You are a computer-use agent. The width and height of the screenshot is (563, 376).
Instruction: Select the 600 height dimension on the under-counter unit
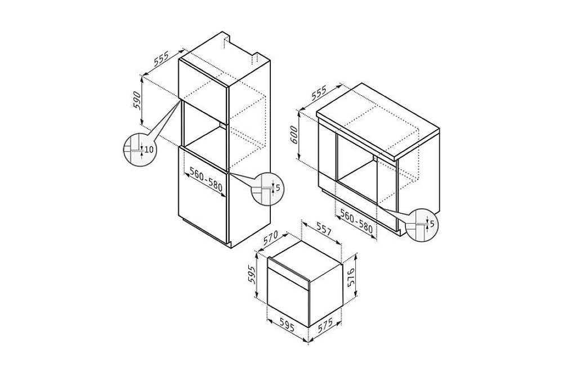pyautogui.click(x=293, y=134)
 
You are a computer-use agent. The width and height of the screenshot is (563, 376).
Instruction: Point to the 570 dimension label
pyautogui.click(x=270, y=238)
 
